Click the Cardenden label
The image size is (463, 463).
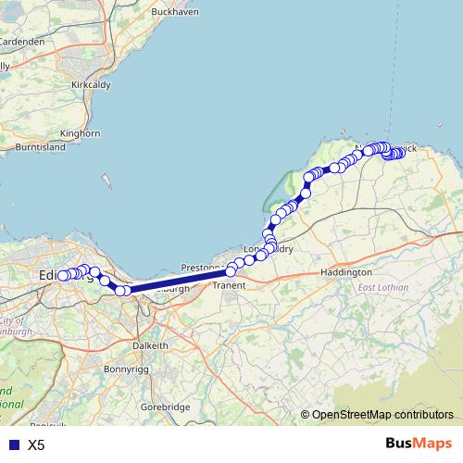22,42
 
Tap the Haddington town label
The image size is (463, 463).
345,273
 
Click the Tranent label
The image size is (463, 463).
229,286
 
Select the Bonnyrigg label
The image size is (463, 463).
127,369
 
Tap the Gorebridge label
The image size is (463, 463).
165,407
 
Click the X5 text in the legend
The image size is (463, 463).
36,445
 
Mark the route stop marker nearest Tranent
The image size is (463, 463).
231,271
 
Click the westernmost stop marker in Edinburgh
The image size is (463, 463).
63,276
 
